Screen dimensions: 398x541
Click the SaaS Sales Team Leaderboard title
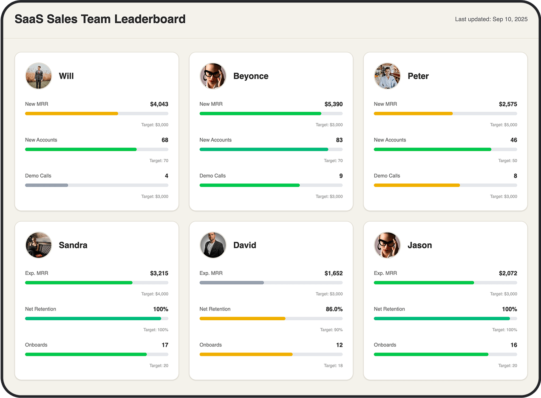(100, 19)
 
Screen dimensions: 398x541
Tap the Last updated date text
(491, 19)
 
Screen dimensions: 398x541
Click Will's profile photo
(38, 76)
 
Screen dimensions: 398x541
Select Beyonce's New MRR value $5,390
(333, 104)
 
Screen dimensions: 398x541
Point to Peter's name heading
(418, 76)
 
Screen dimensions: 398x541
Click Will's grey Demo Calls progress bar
(47, 185)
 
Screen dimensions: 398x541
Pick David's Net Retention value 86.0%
(334, 309)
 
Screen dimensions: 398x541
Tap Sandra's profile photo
(38, 245)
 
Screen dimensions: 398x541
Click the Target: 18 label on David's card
(333, 366)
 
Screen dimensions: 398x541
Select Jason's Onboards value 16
(513, 345)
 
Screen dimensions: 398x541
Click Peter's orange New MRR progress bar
(413, 113)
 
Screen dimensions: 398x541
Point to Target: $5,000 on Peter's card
(503, 125)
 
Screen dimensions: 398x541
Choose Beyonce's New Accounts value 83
(339, 140)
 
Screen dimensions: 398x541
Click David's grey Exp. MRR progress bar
(232, 282)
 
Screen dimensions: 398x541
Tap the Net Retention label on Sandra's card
(40, 309)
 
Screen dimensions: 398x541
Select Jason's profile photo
(387, 245)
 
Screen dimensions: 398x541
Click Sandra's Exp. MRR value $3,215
(159, 273)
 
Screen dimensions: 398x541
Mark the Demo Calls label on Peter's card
(387, 176)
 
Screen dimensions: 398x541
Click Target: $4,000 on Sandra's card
(155, 294)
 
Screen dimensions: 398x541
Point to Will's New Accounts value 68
(164, 140)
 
